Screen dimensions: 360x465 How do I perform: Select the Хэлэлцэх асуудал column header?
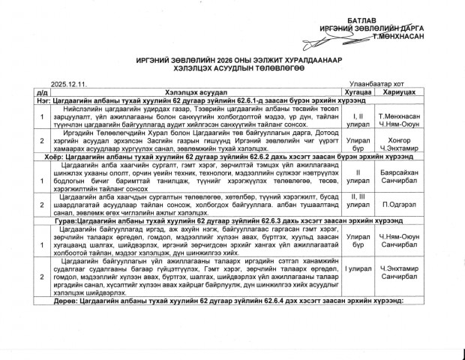(x=188, y=91)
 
